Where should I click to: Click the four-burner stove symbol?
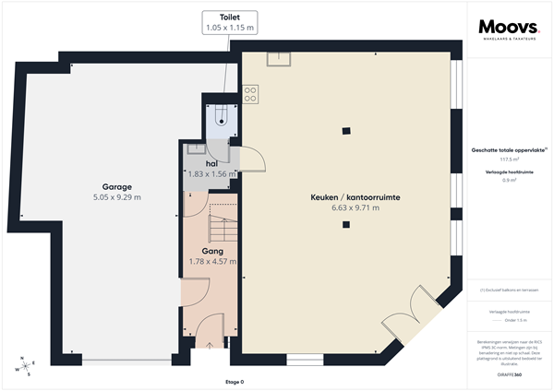(x=249, y=94)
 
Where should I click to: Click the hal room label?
(x=211, y=162)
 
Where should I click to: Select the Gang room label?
(x=212, y=250)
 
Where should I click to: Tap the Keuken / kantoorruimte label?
(x=343, y=197)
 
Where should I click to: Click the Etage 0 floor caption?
(x=235, y=382)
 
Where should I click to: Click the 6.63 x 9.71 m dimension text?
(x=343, y=208)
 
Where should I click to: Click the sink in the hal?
(x=193, y=148)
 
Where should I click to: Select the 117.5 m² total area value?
(x=508, y=158)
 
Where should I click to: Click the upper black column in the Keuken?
(x=345, y=129)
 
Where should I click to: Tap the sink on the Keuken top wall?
(x=278, y=58)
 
